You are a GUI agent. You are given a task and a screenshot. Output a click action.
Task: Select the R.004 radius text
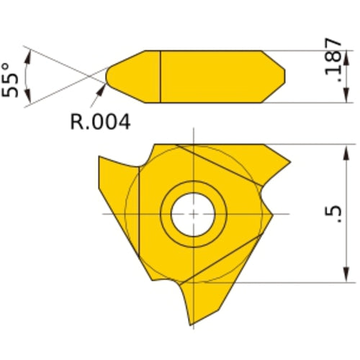pyautogui.click(x=100, y=122)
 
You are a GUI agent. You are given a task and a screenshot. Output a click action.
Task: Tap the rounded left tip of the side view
pyautogui.click(x=110, y=76)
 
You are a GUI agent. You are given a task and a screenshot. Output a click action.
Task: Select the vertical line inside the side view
pyautogui.click(x=159, y=76)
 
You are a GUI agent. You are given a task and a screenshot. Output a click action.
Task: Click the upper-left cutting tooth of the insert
pyautogui.click(x=115, y=180)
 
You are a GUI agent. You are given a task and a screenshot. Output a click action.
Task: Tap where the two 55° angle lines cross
pyautogui.click(x=89, y=76)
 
